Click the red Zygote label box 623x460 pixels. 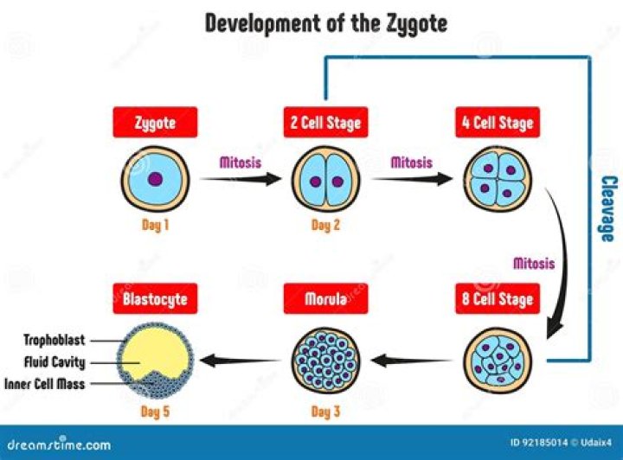155,123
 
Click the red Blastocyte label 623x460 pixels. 155,301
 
